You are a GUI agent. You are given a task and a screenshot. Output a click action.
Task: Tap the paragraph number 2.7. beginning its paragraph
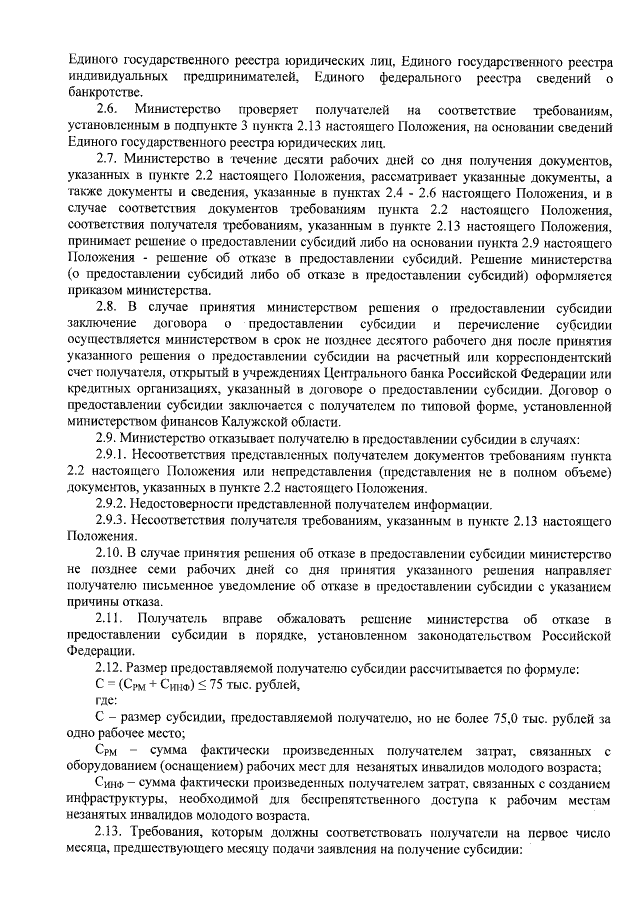pyautogui.click(x=109, y=160)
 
